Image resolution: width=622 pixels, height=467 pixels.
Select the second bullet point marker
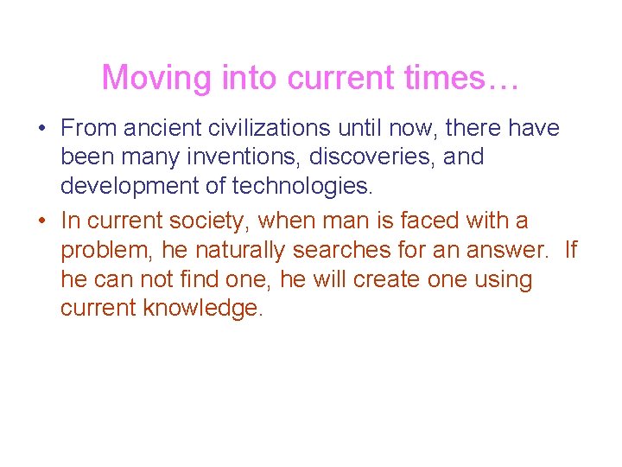click(41, 221)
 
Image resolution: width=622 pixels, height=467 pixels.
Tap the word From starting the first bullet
click(89, 129)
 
